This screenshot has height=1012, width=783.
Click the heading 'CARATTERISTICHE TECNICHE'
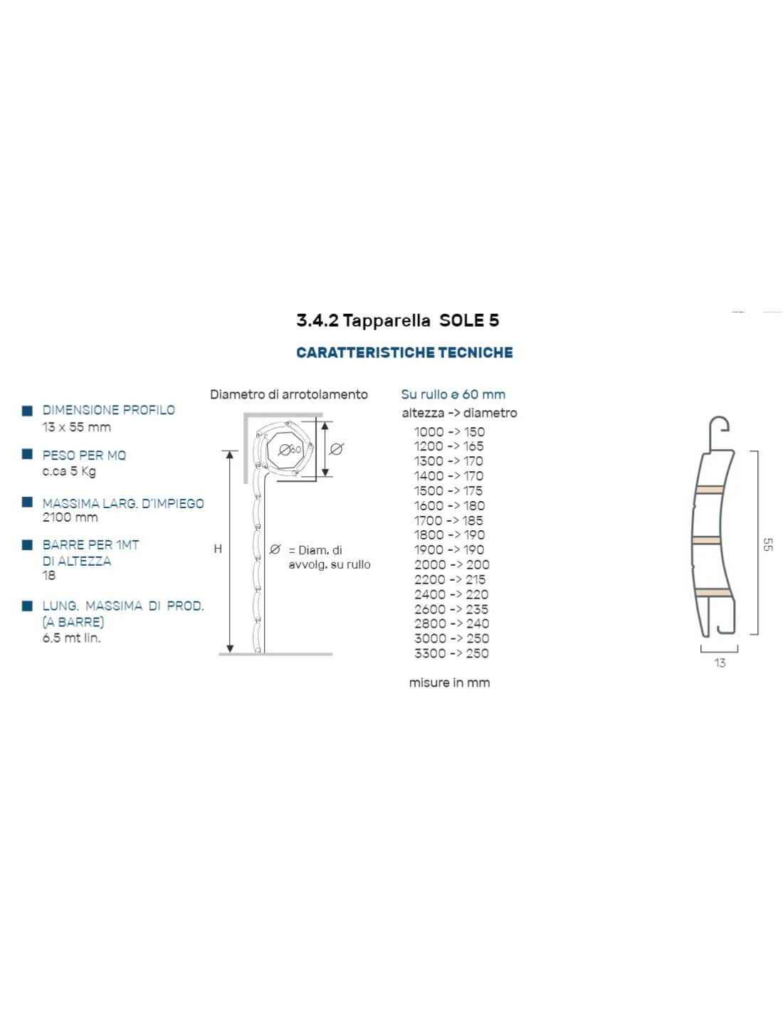pos(404,352)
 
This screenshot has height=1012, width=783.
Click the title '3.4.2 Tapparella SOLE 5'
pos(397,320)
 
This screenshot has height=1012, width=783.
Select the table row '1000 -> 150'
pos(449,432)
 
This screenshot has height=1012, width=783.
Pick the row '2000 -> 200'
pos(451,564)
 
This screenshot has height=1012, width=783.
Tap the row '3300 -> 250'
pos(451,653)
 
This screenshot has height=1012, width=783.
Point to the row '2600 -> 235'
pos(451,609)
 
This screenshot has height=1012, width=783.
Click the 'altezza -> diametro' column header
pos(459,413)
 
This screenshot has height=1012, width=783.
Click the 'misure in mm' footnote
pos(449,682)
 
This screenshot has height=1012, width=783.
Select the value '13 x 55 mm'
pos(76,426)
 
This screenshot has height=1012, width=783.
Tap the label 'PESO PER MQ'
pos(84,455)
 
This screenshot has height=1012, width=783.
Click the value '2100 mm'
pos(70,517)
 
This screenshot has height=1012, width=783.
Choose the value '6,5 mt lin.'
pos(71,638)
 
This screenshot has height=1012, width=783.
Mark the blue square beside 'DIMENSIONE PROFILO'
pos(28,411)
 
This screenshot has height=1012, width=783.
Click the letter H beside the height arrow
pos(218,549)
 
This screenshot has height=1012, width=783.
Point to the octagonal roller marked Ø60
pos(285,450)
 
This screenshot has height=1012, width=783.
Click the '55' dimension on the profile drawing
pos(767,544)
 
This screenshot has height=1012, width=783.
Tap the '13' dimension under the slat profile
pos(720,663)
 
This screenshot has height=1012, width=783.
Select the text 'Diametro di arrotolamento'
pos(289,394)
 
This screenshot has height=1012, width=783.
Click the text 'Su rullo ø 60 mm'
pos(453,394)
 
